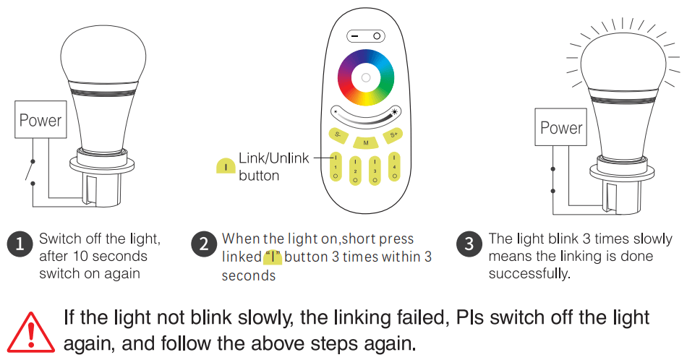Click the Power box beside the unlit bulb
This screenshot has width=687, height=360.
tap(40, 119)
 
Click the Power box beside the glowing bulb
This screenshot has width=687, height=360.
tap(561, 127)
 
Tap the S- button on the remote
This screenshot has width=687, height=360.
tap(338, 134)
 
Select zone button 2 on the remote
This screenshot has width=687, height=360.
tap(355, 171)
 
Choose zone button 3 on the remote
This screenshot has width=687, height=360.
tap(375, 171)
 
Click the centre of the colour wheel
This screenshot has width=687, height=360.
tap(366, 78)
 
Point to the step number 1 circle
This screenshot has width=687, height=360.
tap(20, 244)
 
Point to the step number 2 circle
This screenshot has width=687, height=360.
tap(204, 244)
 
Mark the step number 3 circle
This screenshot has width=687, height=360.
tap(469, 244)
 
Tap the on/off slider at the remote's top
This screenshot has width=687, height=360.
tap(366, 36)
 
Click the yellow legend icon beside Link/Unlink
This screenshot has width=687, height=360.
tap(226, 166)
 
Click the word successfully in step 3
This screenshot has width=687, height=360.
tap(529, 274)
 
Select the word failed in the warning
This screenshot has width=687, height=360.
tap(423, 318)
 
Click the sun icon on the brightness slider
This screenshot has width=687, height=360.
tap(395, 111)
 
